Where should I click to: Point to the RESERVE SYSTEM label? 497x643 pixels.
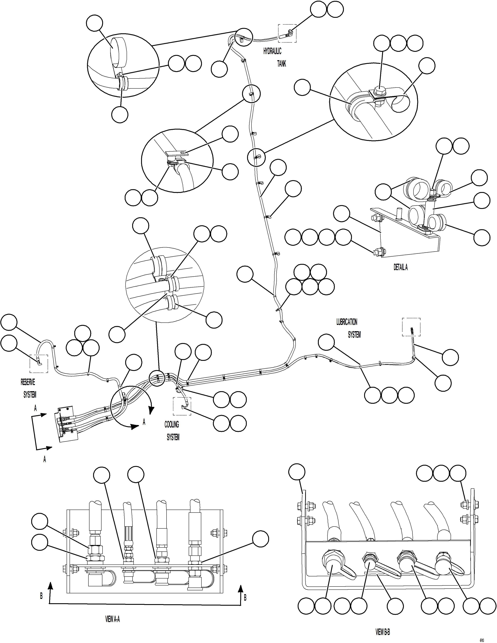pyautogui.click(x=29, y=388)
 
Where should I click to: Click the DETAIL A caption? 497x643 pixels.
pyautogui.click(x=400, y=267)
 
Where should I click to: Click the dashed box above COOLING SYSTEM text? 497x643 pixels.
pyautogui.click(x=182, y=406)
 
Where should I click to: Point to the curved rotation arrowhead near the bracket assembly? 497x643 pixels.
pyautogui.click(x=151, y=409)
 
